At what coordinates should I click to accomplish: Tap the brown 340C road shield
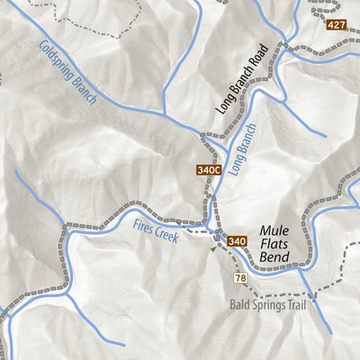point(206,169)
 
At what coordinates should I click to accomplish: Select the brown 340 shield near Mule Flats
point(237,241)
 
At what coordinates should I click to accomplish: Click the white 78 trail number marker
point(240,279)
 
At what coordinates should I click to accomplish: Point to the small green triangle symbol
point(213,249)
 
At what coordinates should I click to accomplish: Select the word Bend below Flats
point(274,258)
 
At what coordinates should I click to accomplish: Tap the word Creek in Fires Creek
point(169,237)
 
